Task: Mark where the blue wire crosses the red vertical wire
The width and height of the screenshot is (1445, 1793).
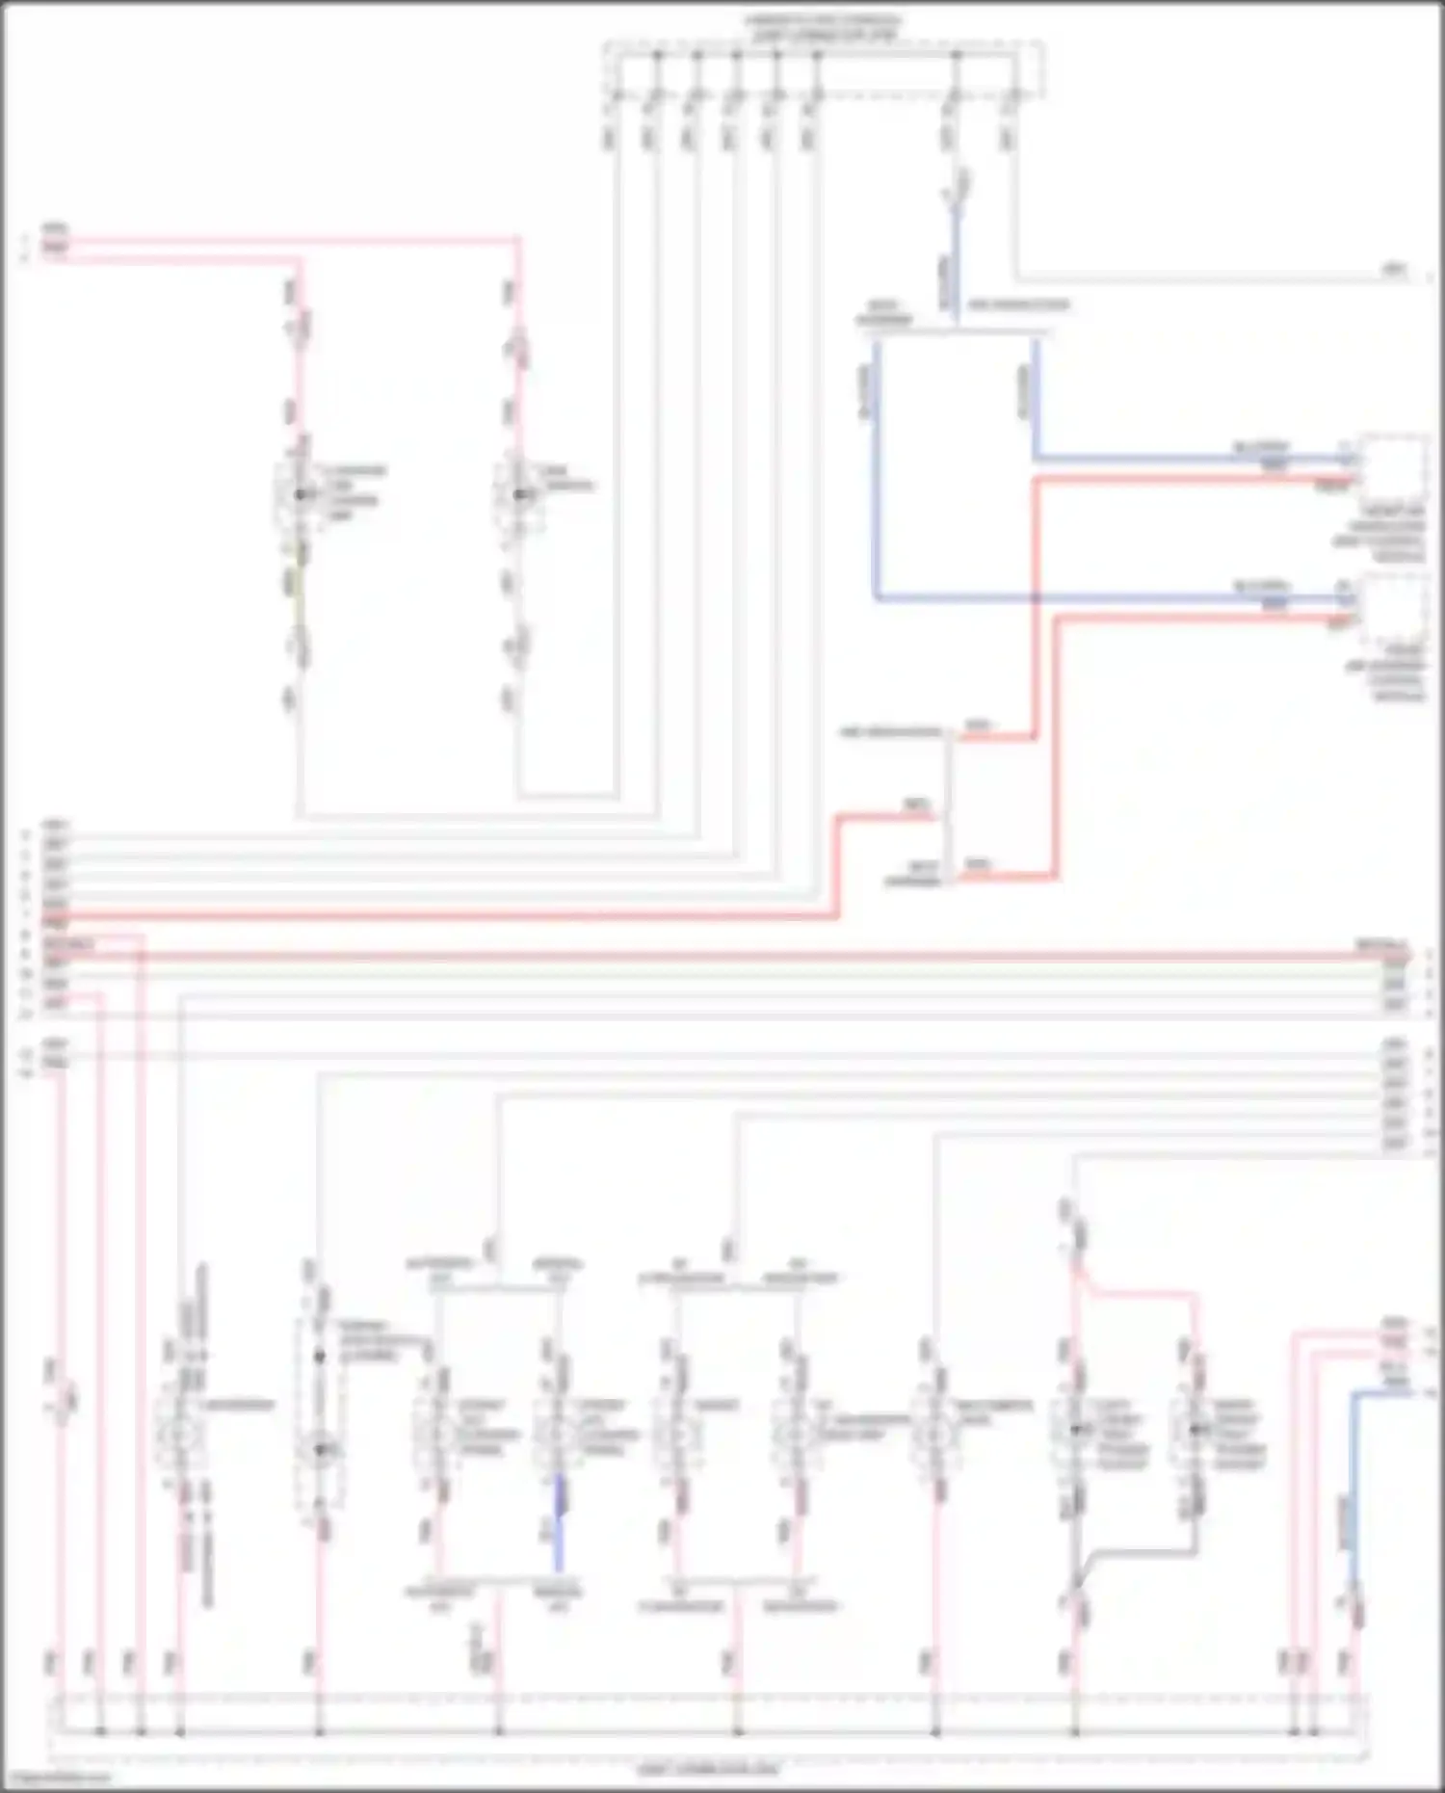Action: tap(1036, 597)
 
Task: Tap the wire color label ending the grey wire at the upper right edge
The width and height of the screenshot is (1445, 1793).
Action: tap(1394, 271)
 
